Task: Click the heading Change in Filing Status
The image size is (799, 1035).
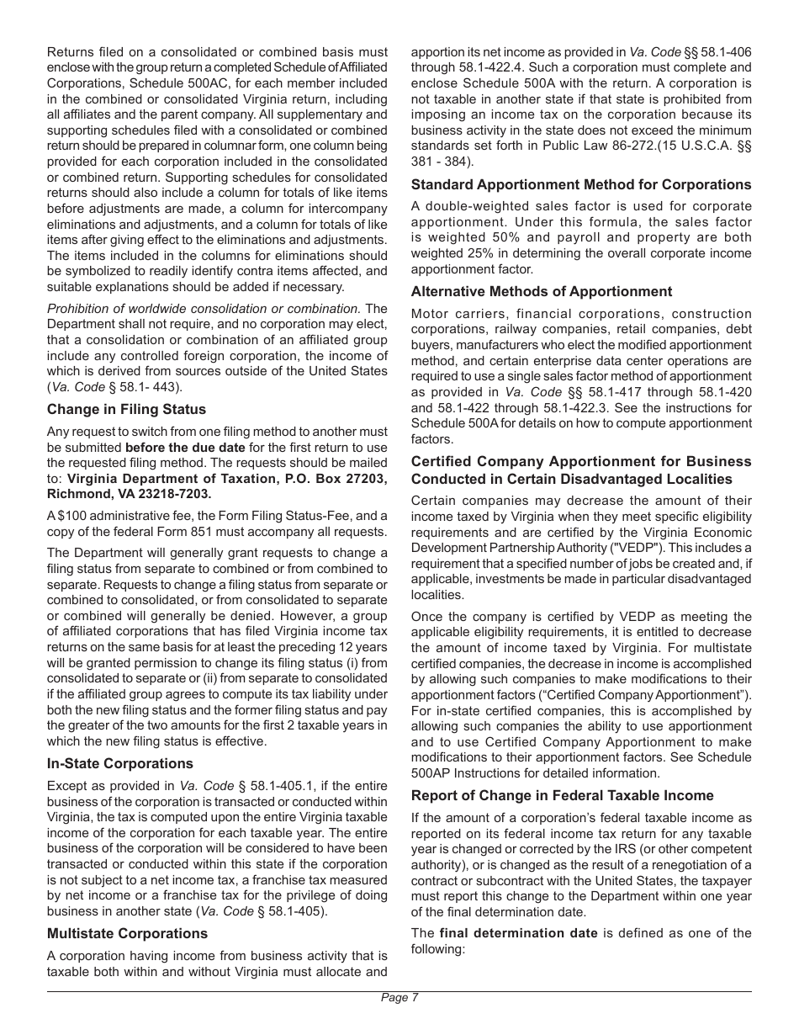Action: [x=126, y=409]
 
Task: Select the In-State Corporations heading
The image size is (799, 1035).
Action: [x=119, y=763]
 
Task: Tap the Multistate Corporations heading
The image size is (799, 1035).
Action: [x=127, y=933]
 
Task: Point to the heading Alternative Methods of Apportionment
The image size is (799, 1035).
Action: [x=542, y=291]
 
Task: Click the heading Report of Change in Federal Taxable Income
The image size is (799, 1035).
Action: [x=562, y=795]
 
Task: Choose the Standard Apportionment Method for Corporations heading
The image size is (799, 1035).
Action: [x=581, y=184]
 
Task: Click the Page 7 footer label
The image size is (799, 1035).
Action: [x=399, y=998]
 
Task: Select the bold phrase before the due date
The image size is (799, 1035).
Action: [x=185, y=448]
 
